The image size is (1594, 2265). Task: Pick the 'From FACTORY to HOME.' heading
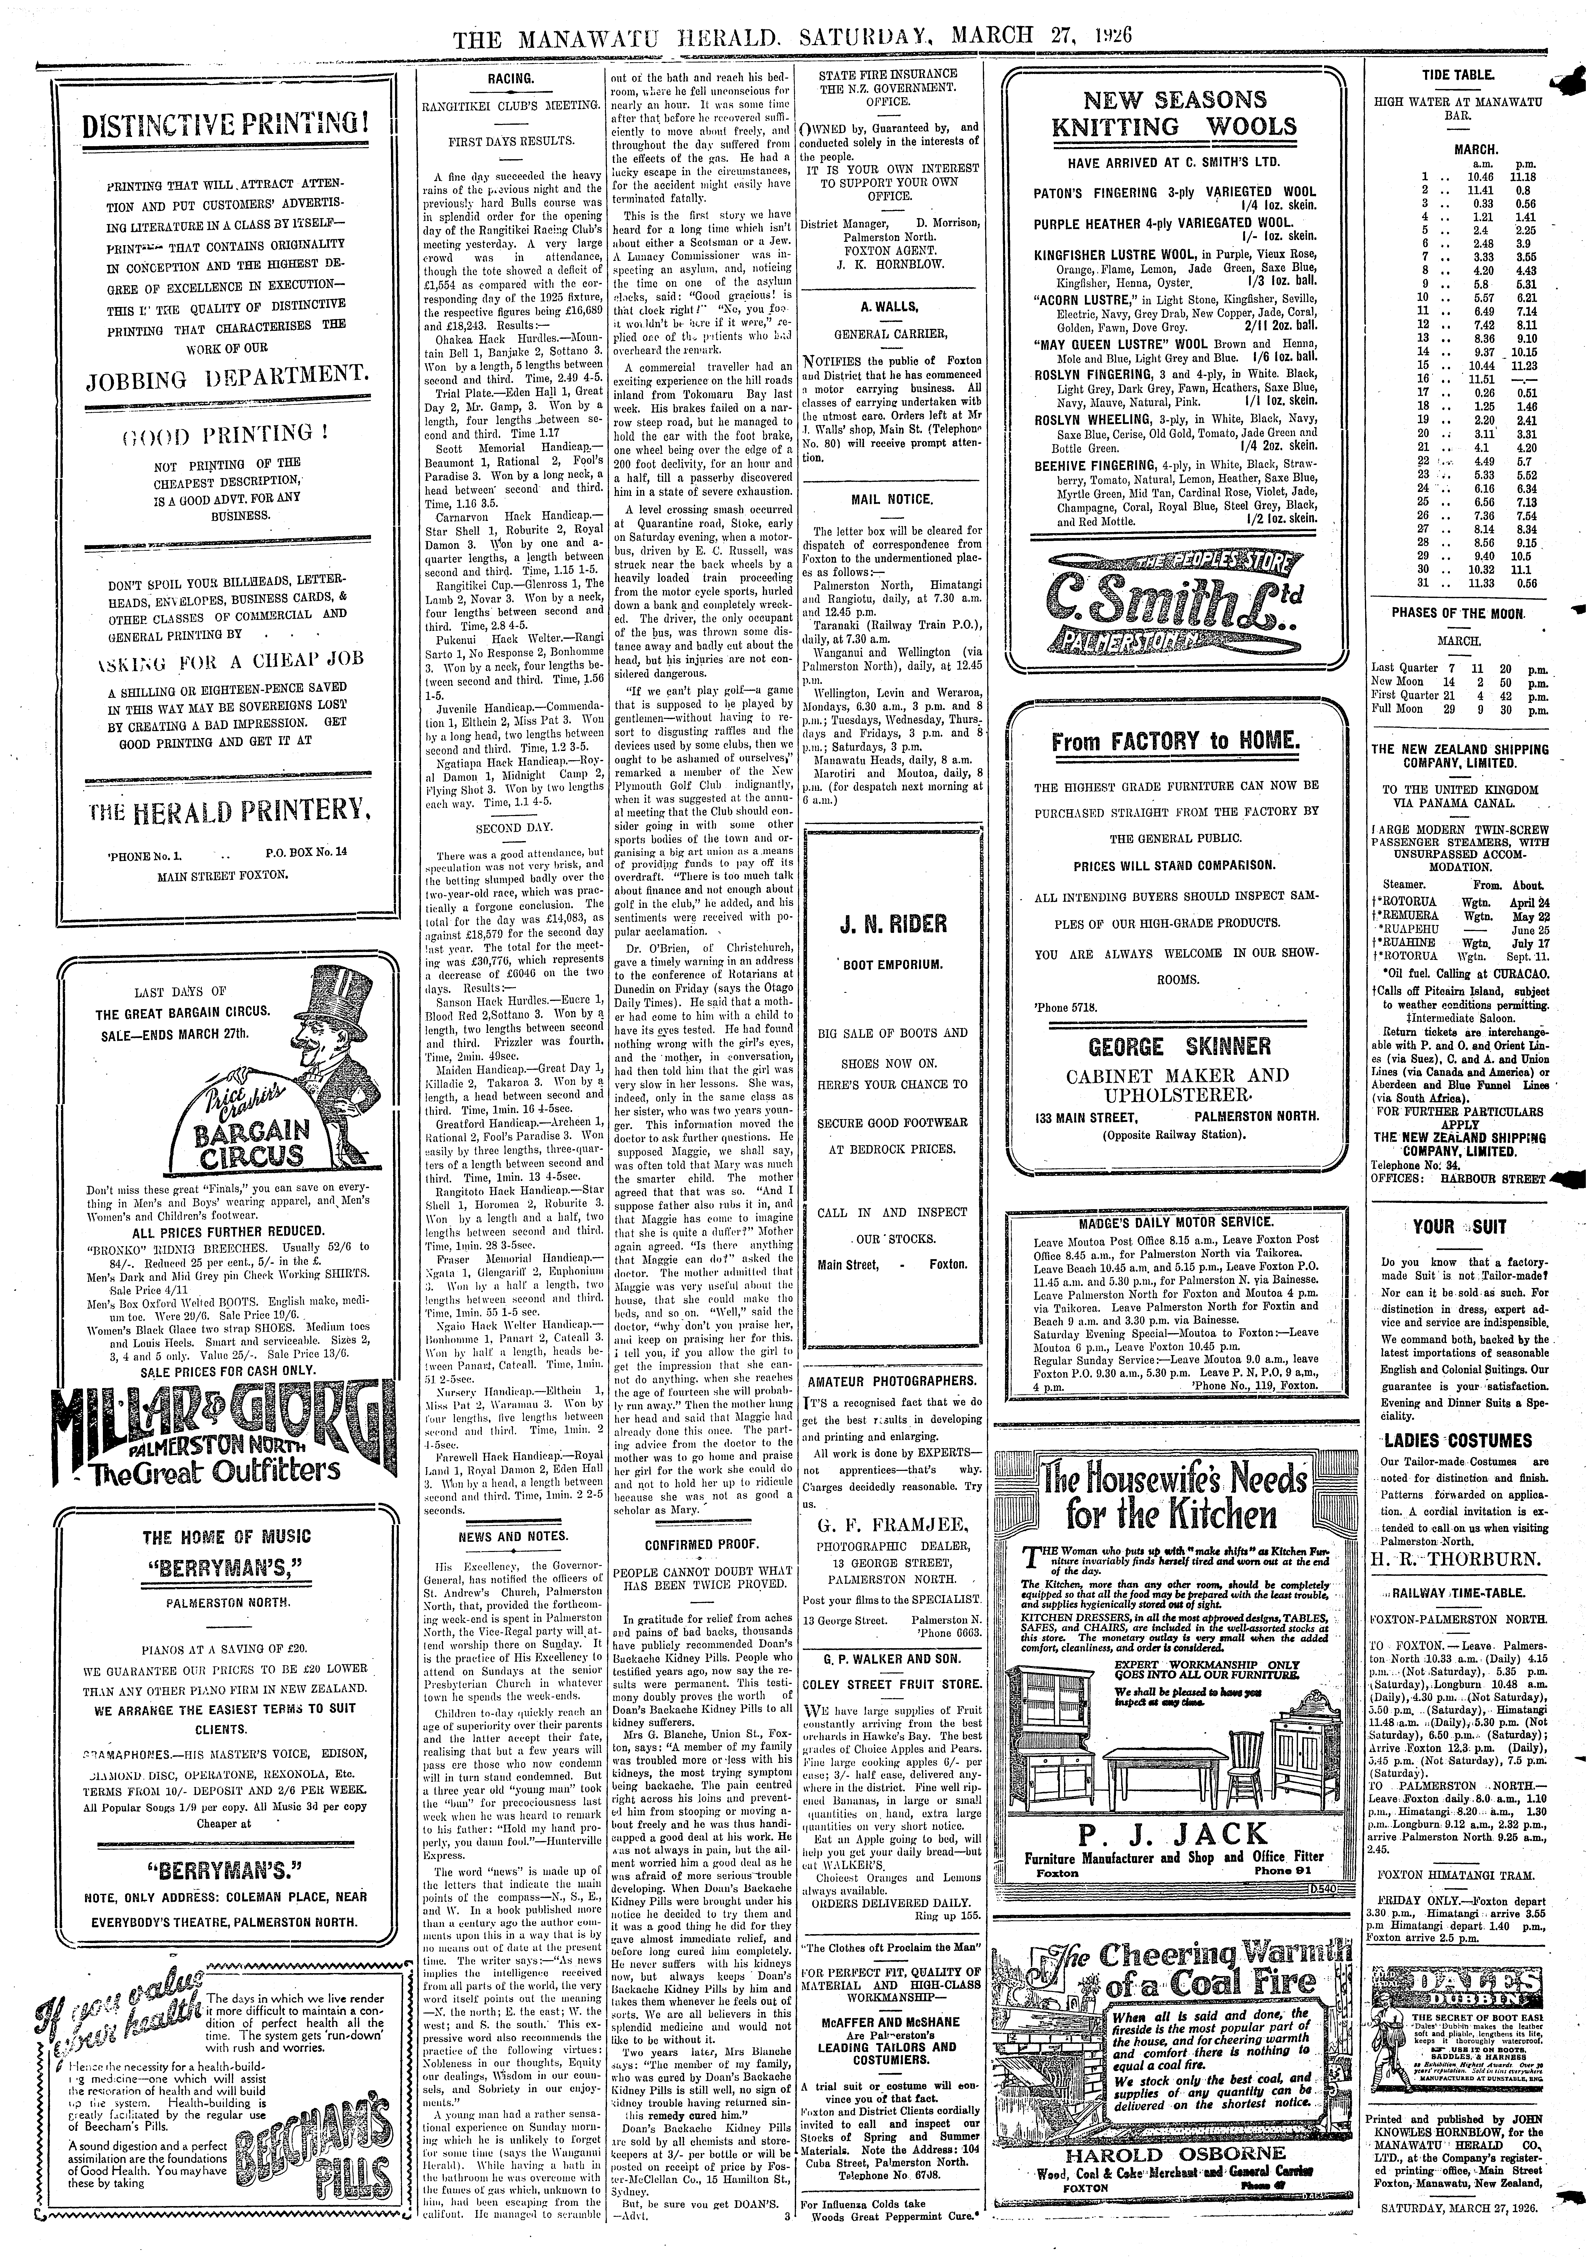(x=1177, y=742)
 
